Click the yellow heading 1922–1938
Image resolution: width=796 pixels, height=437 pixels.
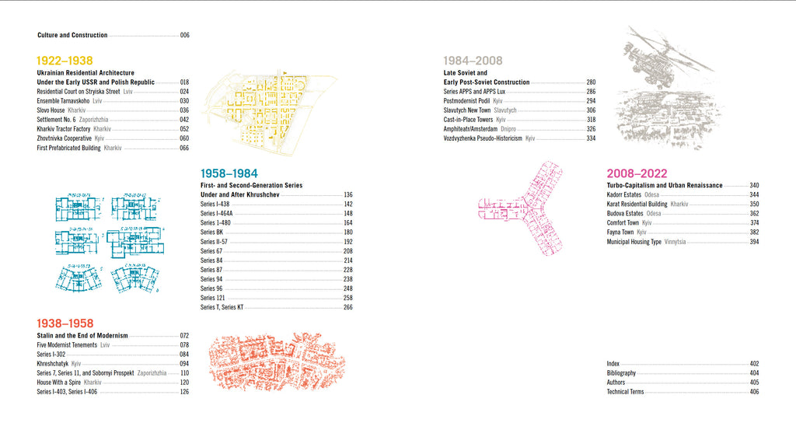click(65, 61)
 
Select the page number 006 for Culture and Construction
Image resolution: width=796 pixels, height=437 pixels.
click(184, 35)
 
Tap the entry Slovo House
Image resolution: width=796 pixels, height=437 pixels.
click(51, 110)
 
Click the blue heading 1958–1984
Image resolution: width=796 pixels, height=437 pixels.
click(229, 174)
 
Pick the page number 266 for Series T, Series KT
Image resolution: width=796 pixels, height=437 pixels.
click(348, 307)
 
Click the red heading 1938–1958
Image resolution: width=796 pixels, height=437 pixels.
click(65, 323)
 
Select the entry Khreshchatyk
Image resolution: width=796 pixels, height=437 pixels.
click(52, 364)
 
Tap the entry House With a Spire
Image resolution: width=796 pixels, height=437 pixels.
click(59, 383)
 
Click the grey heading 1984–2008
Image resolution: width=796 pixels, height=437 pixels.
click(473, 61)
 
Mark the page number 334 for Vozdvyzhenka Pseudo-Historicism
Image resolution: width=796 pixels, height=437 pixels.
click(591, 138)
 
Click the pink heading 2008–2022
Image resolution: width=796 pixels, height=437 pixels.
click(637, 174)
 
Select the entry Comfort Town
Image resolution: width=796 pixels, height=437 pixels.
click(623, 223)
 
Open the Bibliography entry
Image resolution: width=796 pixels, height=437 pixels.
click(621, 373)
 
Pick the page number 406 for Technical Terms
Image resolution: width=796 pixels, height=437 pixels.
click(754, 392)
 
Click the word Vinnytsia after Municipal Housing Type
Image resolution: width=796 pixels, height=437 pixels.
click(677, 242)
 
